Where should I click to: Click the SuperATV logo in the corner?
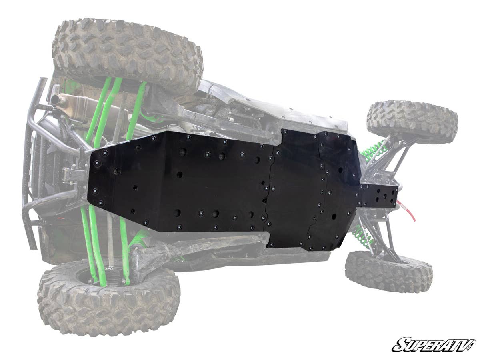pyautogui.click(x=433, y=344)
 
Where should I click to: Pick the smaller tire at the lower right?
pyautogui.click(x=389, y=271)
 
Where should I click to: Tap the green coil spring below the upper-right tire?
pyautogui.click(x=374, y=150)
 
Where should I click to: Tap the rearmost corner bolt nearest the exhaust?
pyautogui.click(x=104, y=153)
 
